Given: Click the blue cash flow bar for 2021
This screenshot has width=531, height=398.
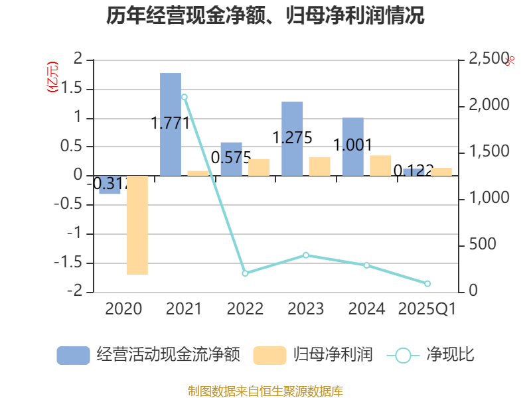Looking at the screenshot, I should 171,124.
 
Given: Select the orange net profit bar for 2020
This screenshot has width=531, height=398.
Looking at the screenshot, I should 137,225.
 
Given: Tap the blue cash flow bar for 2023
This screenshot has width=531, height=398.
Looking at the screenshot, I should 292,139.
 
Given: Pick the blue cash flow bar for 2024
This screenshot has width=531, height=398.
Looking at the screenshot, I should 352,147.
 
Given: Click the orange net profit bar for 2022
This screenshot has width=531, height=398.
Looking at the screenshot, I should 259,167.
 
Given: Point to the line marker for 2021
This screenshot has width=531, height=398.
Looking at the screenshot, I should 184,97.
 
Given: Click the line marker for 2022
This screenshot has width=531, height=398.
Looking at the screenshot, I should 245,273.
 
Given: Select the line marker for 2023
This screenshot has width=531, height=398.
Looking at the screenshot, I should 306,255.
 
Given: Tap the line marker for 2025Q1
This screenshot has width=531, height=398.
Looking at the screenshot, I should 427,283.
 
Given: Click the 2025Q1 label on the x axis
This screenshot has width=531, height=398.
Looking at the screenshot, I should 427,308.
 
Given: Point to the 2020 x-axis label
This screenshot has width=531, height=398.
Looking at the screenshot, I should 123,308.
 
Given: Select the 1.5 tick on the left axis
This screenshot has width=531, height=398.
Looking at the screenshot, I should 79,89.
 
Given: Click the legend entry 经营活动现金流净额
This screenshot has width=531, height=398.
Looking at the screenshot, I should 148,355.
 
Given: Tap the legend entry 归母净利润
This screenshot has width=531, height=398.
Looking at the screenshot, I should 313,355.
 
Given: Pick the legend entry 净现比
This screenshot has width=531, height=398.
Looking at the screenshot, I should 431,355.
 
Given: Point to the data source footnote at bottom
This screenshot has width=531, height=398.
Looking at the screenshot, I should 265,391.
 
